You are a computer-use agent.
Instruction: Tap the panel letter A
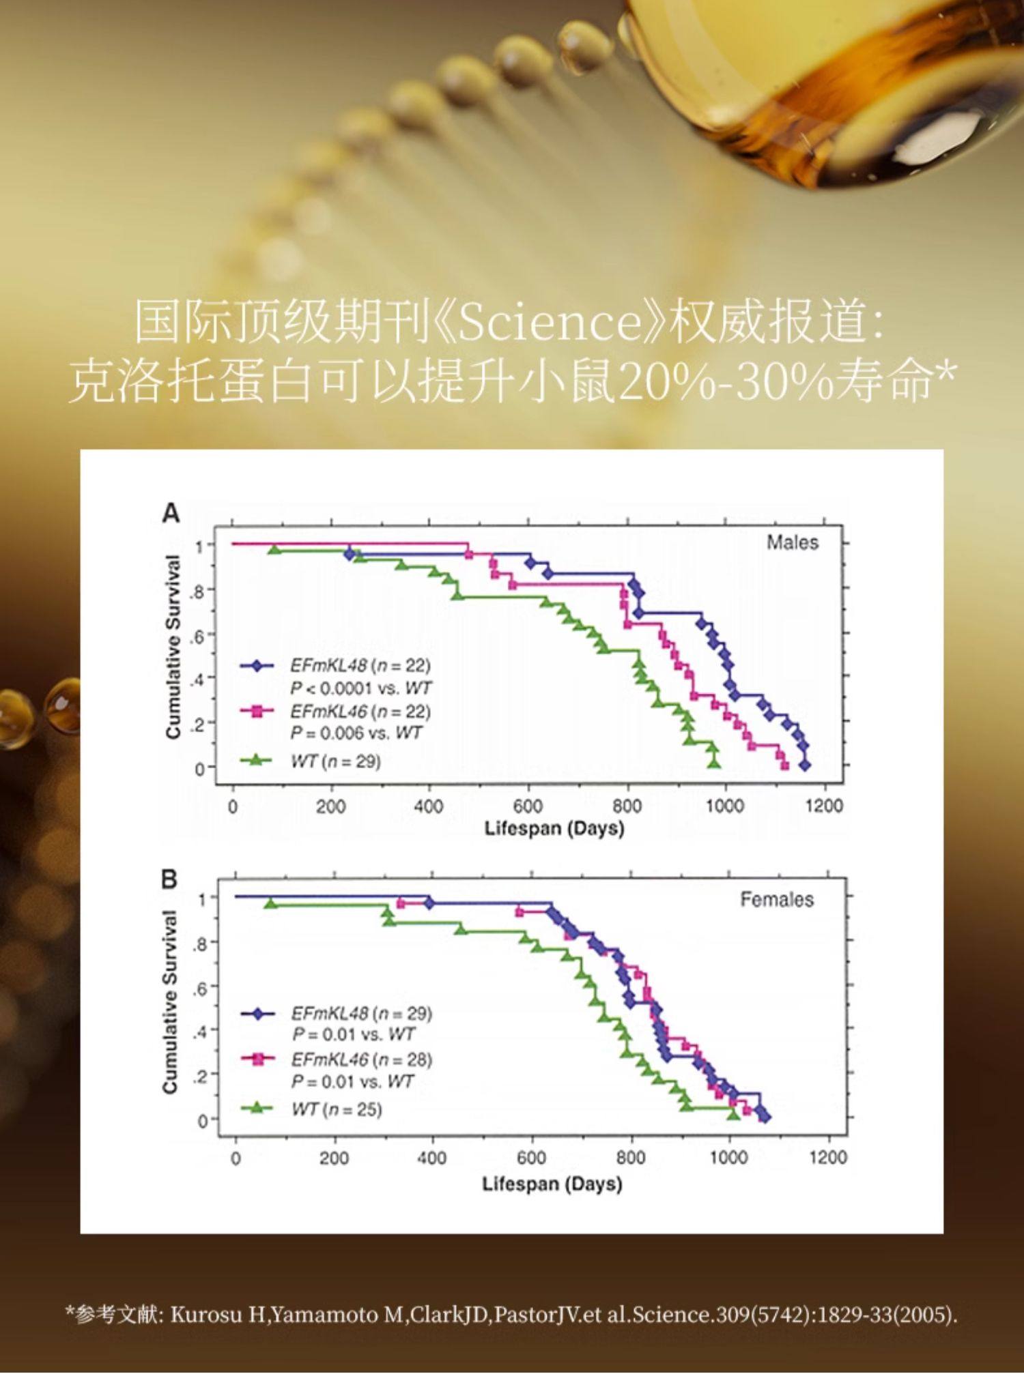pos(171,513)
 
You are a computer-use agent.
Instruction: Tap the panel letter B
pos(169,879)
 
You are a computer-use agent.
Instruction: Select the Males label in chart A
pos(792,542)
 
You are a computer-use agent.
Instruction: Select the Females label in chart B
pos(777,899)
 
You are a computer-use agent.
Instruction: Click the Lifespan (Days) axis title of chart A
pos(554,828)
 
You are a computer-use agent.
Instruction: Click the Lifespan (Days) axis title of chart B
pos(552,1183)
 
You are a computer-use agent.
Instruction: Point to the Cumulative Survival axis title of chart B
pos(171,1002)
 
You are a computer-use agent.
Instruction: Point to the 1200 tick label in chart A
pos(823,806)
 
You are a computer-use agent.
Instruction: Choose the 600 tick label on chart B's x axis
pos(531,1157)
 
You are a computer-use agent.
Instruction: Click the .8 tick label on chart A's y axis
pos(199,590)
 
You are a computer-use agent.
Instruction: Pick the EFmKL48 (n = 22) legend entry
pos(360,665)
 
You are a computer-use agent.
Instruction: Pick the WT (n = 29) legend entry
pos(335,761)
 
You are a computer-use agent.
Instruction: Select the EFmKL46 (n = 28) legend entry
pos(362,1059)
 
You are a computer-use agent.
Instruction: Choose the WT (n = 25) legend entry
pos(337,1109)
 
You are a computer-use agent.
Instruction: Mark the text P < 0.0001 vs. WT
pos(360,688)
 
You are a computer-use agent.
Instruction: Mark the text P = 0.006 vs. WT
pos(356,733)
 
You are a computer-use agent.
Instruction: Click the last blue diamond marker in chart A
pos(805,765)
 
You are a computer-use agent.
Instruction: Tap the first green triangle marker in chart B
pos(271,904)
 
